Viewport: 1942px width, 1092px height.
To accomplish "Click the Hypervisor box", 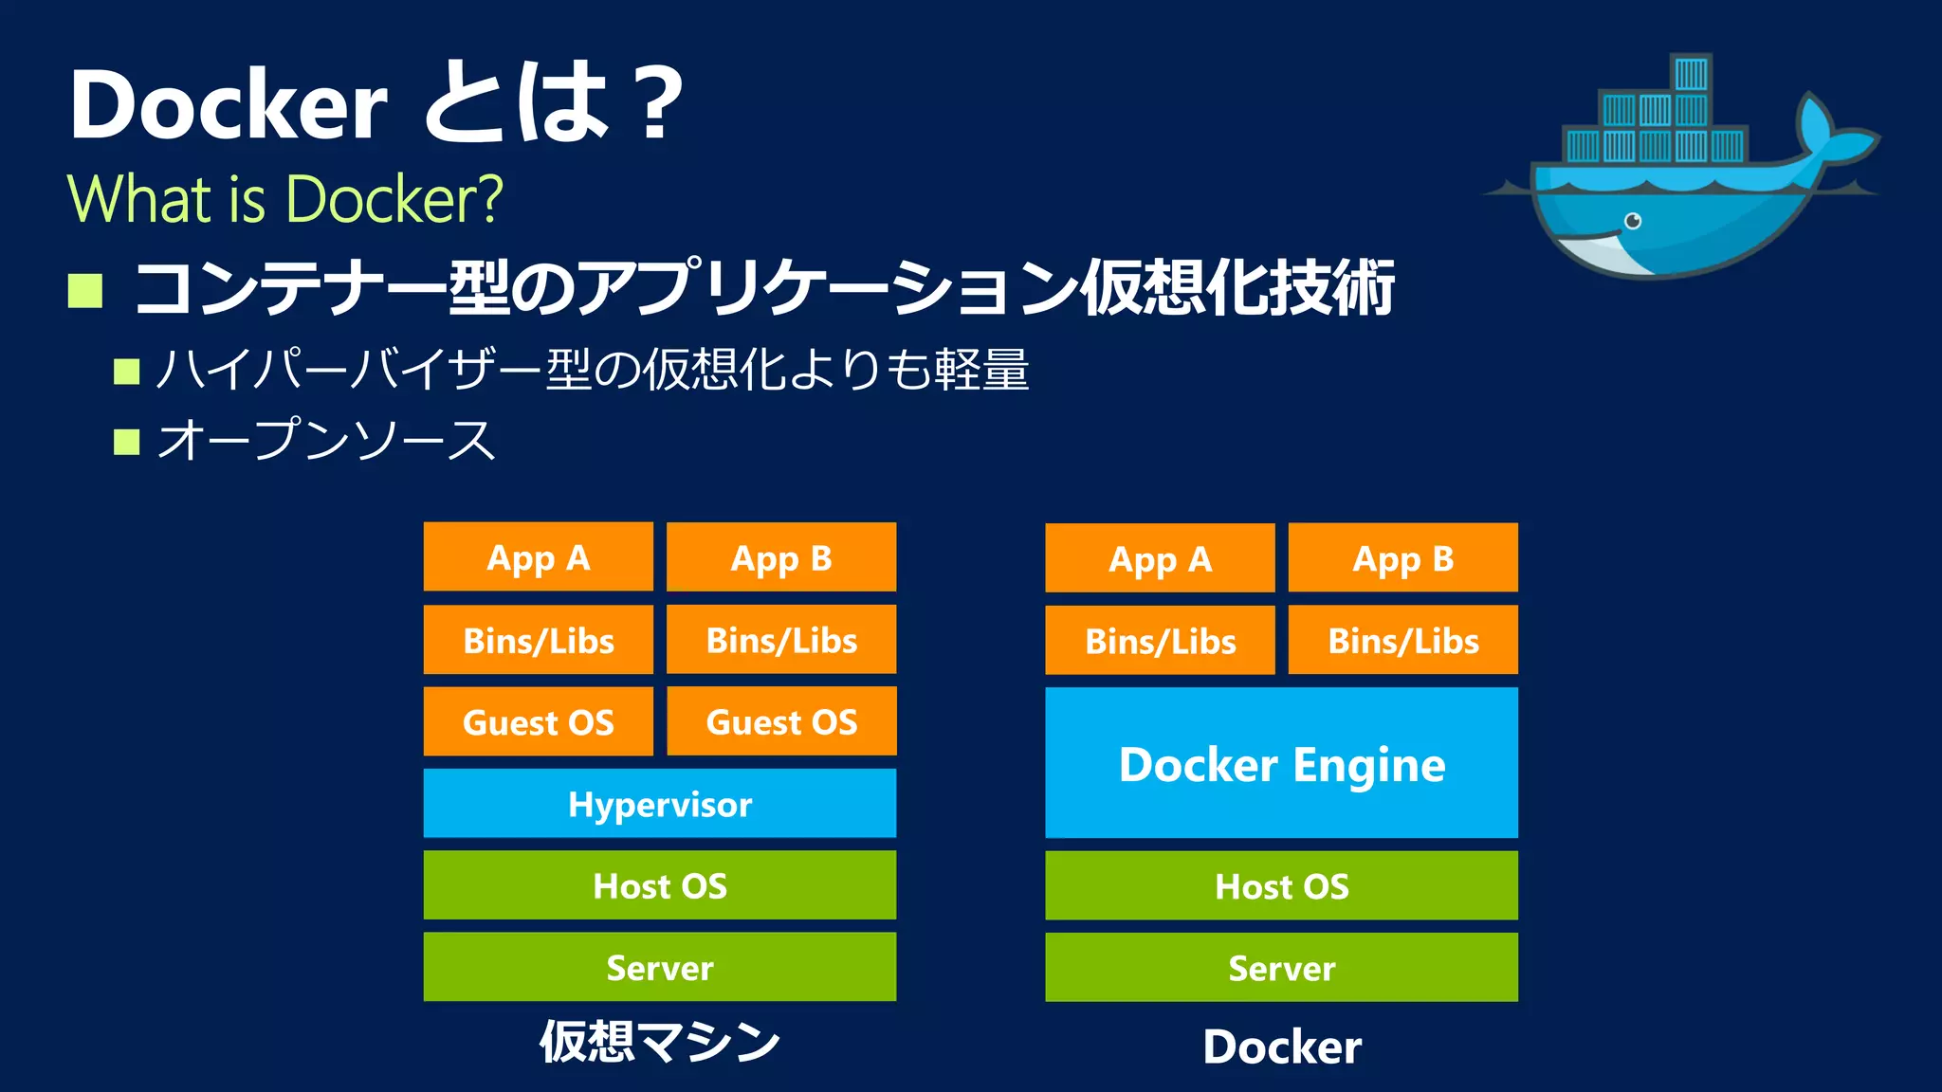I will click(659, 803).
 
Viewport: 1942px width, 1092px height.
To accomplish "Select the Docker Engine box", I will click(1281, 763).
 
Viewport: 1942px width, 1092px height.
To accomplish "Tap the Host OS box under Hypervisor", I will click(659, 884).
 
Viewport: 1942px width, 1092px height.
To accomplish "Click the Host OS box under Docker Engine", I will click(1281, 885).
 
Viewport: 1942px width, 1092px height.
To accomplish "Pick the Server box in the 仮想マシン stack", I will click(659, 967).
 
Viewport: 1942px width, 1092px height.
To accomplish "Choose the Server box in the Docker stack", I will click(1281, 967).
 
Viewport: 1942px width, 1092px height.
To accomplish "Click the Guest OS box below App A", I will click(538, 721).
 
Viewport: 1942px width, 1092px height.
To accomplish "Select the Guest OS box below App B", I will click(781, 721).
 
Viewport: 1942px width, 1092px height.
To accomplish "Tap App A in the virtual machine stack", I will click(538, 557).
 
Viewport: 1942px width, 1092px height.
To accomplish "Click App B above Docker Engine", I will click(1402, 558).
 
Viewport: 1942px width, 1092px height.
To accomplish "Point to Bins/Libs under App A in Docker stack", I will click(1160, 641).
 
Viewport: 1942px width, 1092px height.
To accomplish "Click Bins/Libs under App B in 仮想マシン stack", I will click(781, 640).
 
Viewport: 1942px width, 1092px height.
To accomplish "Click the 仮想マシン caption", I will click(659, 1042).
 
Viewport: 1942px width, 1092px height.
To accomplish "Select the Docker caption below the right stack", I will click(1281, 1046).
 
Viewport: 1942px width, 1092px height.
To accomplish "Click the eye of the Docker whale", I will click(1633, 221).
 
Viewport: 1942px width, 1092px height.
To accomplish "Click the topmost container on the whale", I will click(1691, 74).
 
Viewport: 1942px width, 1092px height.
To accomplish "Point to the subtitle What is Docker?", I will click(284, 199).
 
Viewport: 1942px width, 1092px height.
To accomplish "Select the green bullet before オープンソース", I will click(126, 442).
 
